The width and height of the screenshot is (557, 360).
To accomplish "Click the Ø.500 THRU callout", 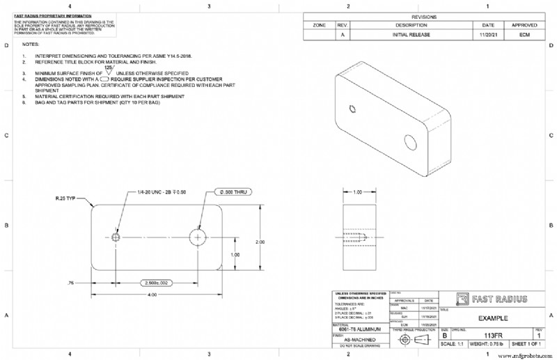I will click(x=233, y=191).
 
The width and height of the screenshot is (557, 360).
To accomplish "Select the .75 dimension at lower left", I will click(x=70, y=283).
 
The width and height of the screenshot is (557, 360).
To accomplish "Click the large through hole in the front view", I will click(x=199, y=237).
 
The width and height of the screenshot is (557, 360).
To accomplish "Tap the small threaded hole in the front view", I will click(x=116, y=237).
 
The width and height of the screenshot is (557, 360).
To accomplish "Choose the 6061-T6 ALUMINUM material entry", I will click(x=356, y=328).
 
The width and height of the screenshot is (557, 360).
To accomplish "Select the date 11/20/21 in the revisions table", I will click(x=488, y=34).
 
